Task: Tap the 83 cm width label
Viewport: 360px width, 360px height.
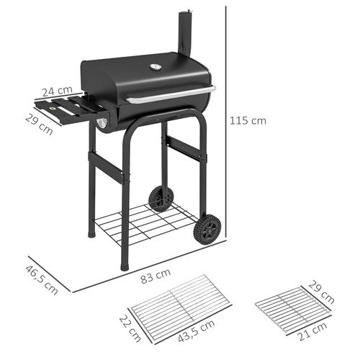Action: pyautogui.click(x=156, y=274)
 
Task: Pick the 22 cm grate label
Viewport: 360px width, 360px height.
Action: pyautogui.click(x=130, y=328)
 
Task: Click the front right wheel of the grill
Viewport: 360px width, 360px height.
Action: pyautogui.click(x=208, y=229)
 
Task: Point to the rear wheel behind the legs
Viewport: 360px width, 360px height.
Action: pyautogui.click(x=160, y=198)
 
